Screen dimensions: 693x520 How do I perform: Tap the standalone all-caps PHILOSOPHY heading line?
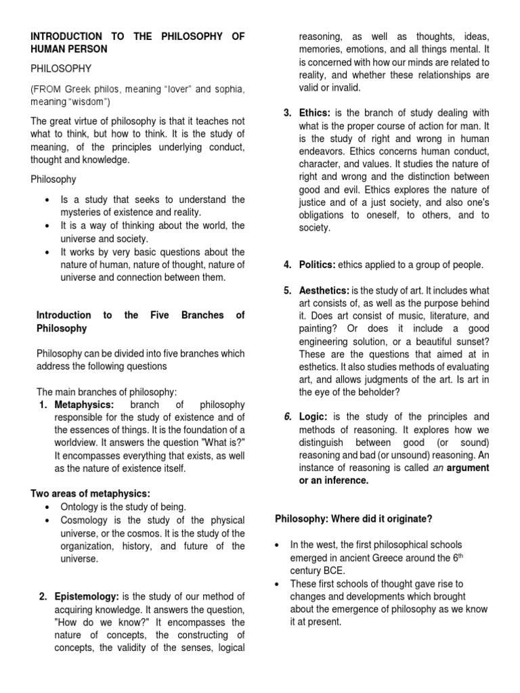tap(60, 68)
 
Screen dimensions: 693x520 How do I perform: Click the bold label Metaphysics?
tap(83, 404)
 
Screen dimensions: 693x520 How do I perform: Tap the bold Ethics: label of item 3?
tap(316, 112)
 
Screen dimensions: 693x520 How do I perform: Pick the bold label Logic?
tap(314, 417)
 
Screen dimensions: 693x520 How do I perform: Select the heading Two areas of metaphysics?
tap(91, 493)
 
